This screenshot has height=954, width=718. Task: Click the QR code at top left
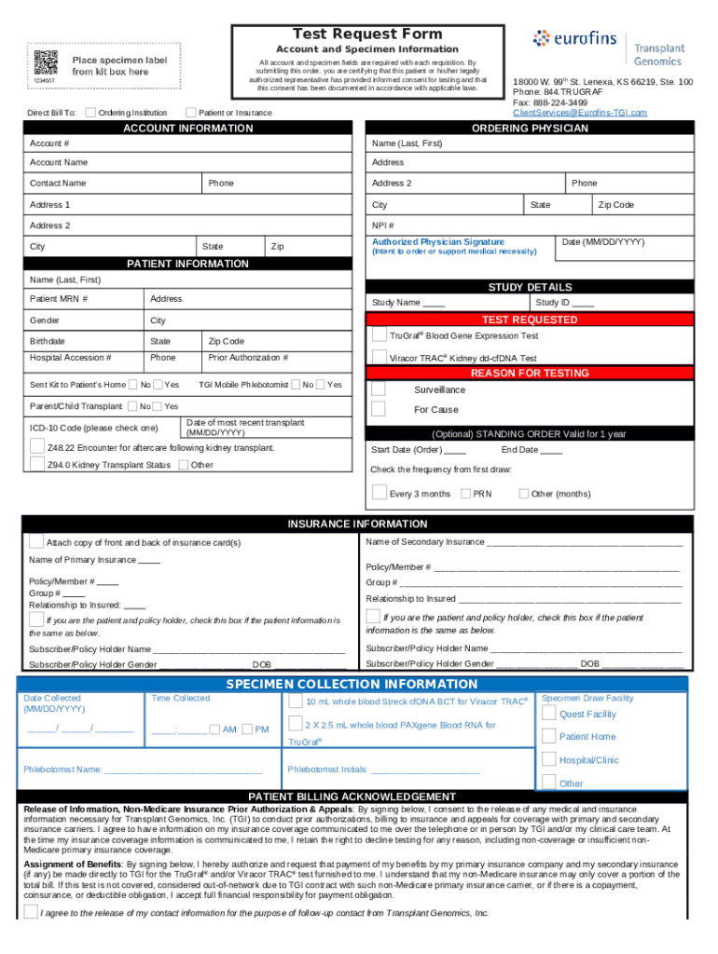(x=44, y=61)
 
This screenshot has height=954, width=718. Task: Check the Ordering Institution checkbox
(x=90, y=113)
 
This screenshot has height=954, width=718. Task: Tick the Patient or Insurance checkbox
(x=192, y=113)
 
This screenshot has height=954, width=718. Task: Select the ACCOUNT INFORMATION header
(x=187, y=128)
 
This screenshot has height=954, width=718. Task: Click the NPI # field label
(x=382, y=225)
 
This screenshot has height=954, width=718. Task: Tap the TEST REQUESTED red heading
(x=530, y=320)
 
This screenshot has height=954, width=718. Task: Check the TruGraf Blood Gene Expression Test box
(x=379, y=334)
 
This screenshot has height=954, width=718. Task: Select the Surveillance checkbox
(x=379, y=388)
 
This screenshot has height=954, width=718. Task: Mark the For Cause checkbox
(x=379, y=409)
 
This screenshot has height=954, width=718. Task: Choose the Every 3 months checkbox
(x=379, y=492)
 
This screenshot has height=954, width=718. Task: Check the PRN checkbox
(x=465, y=493)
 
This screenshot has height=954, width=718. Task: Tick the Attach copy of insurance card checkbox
(x=35, y=541)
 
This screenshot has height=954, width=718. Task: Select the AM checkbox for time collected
(x=214, y=729)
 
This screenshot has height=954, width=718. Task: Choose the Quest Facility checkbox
(x=549, y=714)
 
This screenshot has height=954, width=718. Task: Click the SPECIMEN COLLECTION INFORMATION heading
(x=352, y=684)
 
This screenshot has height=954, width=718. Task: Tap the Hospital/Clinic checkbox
(x=549, y=759)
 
